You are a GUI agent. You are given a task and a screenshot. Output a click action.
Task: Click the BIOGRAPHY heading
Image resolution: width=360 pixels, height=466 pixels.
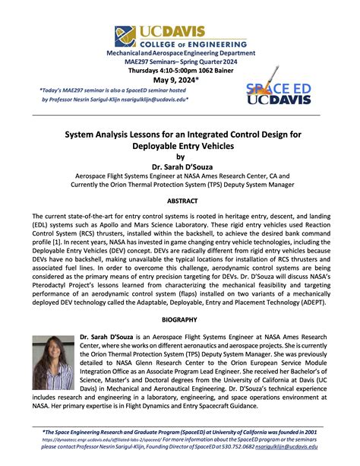point(181,319)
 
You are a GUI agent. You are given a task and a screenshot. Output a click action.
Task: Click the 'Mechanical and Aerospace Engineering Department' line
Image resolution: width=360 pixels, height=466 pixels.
point(180,53)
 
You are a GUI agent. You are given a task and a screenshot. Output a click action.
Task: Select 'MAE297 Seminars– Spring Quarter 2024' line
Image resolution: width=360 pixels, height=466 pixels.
point(180,62)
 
